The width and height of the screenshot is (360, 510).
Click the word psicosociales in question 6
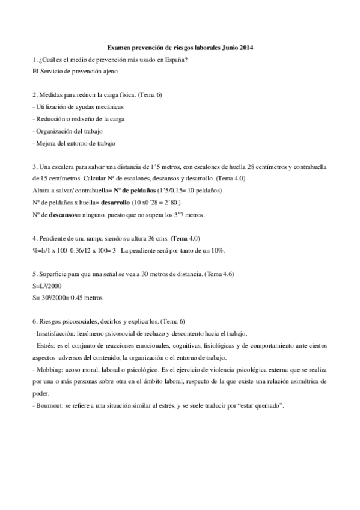coord(72,322)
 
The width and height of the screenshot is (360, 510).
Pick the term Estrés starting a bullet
coord(44,346)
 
